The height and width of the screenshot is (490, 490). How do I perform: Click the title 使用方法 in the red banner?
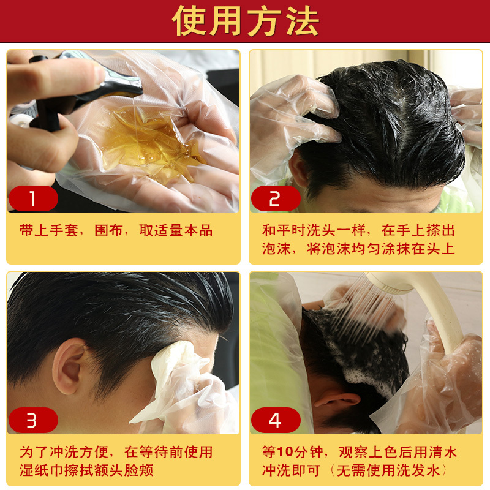(x=246, y=21)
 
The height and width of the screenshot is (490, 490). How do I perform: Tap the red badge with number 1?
(x=33, y=198)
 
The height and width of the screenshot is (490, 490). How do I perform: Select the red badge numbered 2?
(x=276, y=198)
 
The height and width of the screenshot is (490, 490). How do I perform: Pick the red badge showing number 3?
(x=33, y=420)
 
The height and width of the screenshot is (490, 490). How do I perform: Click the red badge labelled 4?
(x=276, y=420)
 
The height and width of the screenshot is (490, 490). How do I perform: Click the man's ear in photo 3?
(x=69, y=366)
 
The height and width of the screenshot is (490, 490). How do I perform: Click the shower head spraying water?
(x=391, y=283)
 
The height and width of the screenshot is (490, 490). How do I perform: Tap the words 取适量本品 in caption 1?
(x=176, y=231)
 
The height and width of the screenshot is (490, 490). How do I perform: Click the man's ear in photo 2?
(x=298, y=169)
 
